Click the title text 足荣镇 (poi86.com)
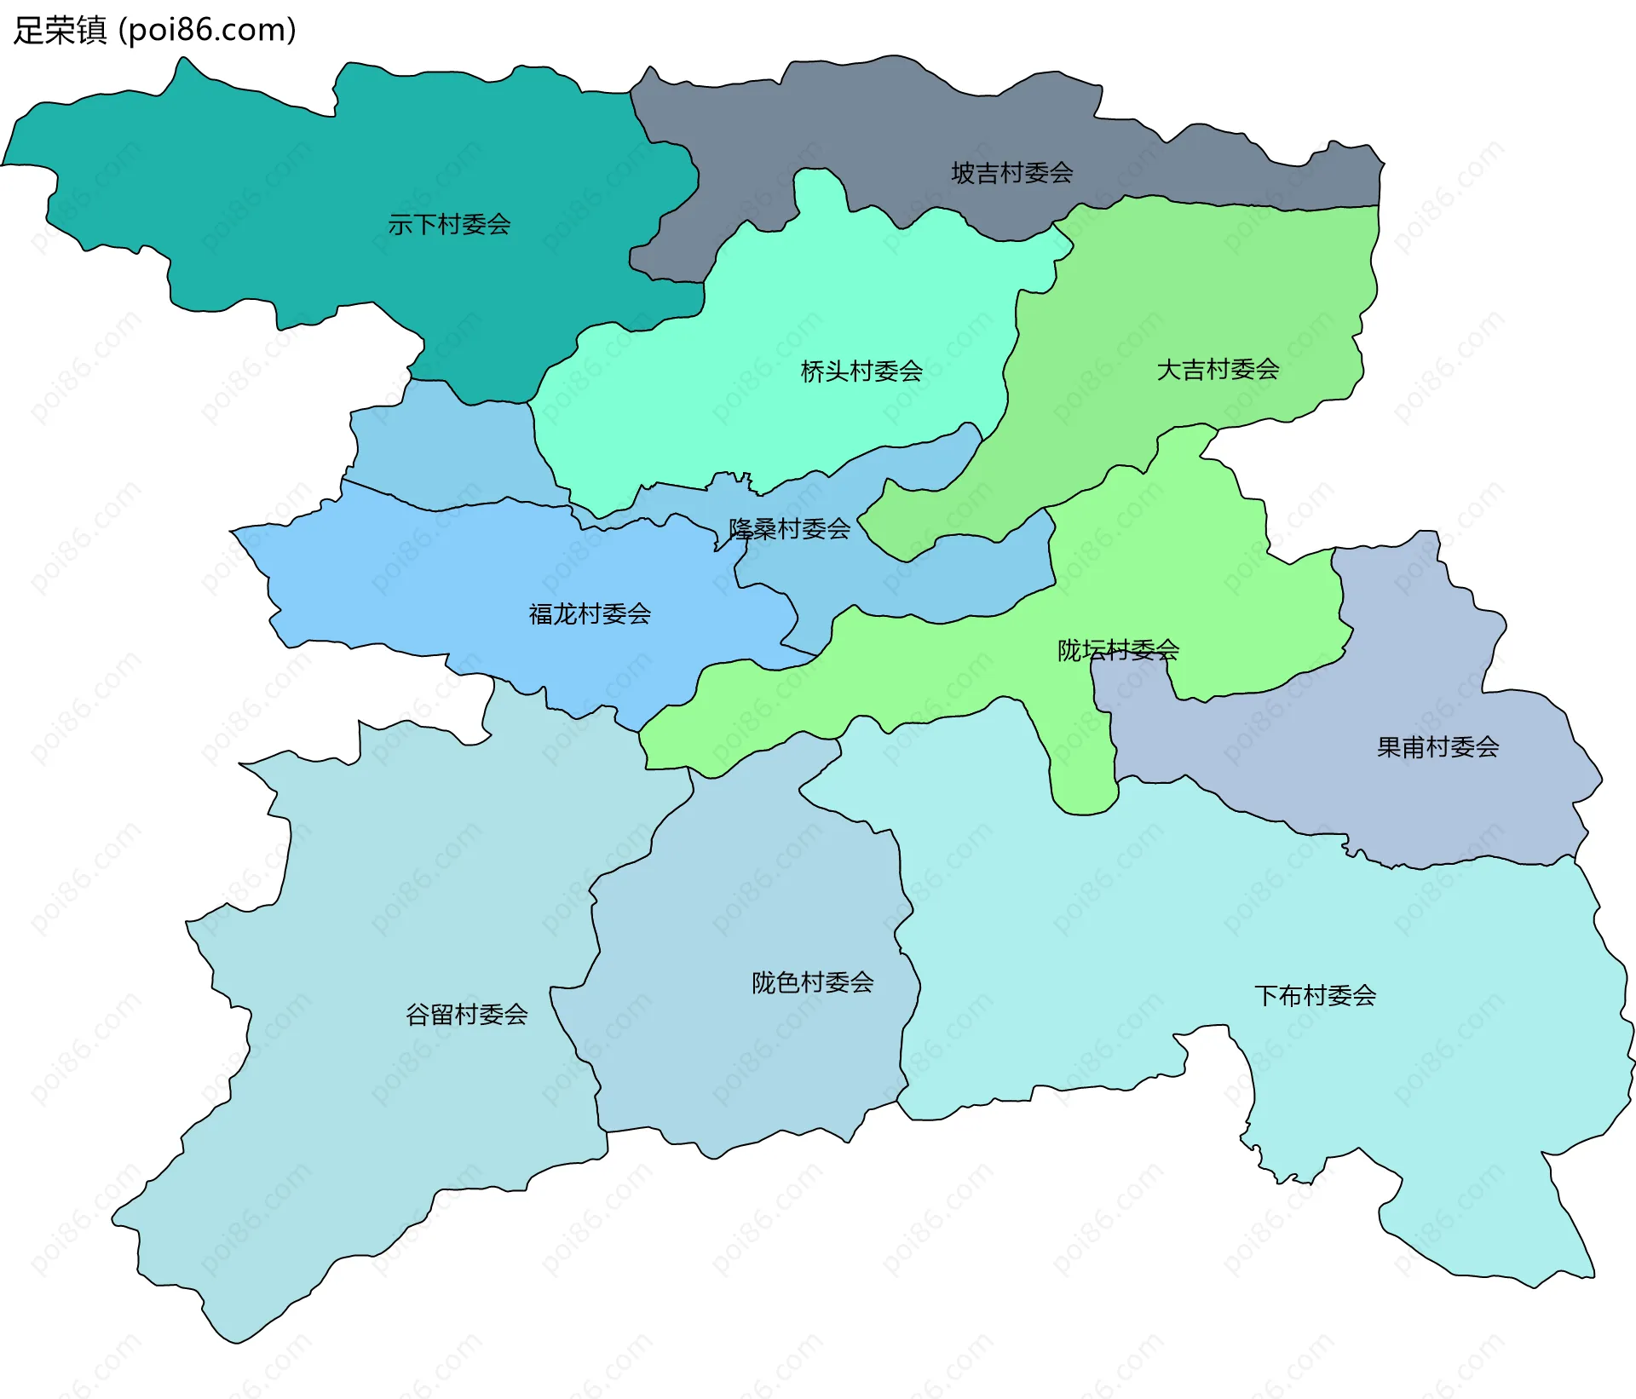point(155,30)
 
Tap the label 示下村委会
point(449,225)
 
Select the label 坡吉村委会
point(1011,173)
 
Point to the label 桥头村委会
point(861,371)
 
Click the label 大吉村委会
point(1218,370)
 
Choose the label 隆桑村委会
point(789,529)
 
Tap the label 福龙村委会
point(590,614)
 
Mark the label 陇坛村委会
point(1118,651)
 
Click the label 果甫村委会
point(1437,748)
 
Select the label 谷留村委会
point(466,1015)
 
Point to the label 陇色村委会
point(812,983)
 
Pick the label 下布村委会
point(1315,996)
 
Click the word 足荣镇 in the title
point(60,30)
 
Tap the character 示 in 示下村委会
point(400,225)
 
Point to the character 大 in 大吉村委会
point(1168,370)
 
